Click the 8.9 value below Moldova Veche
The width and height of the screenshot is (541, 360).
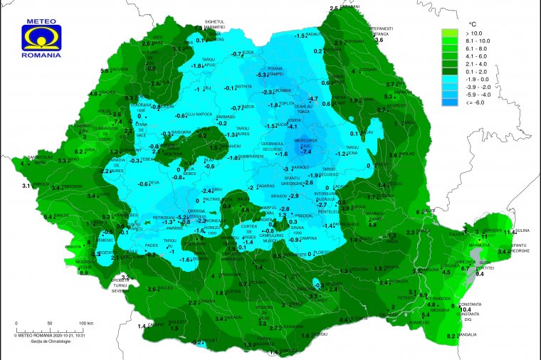coord(83,272)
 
